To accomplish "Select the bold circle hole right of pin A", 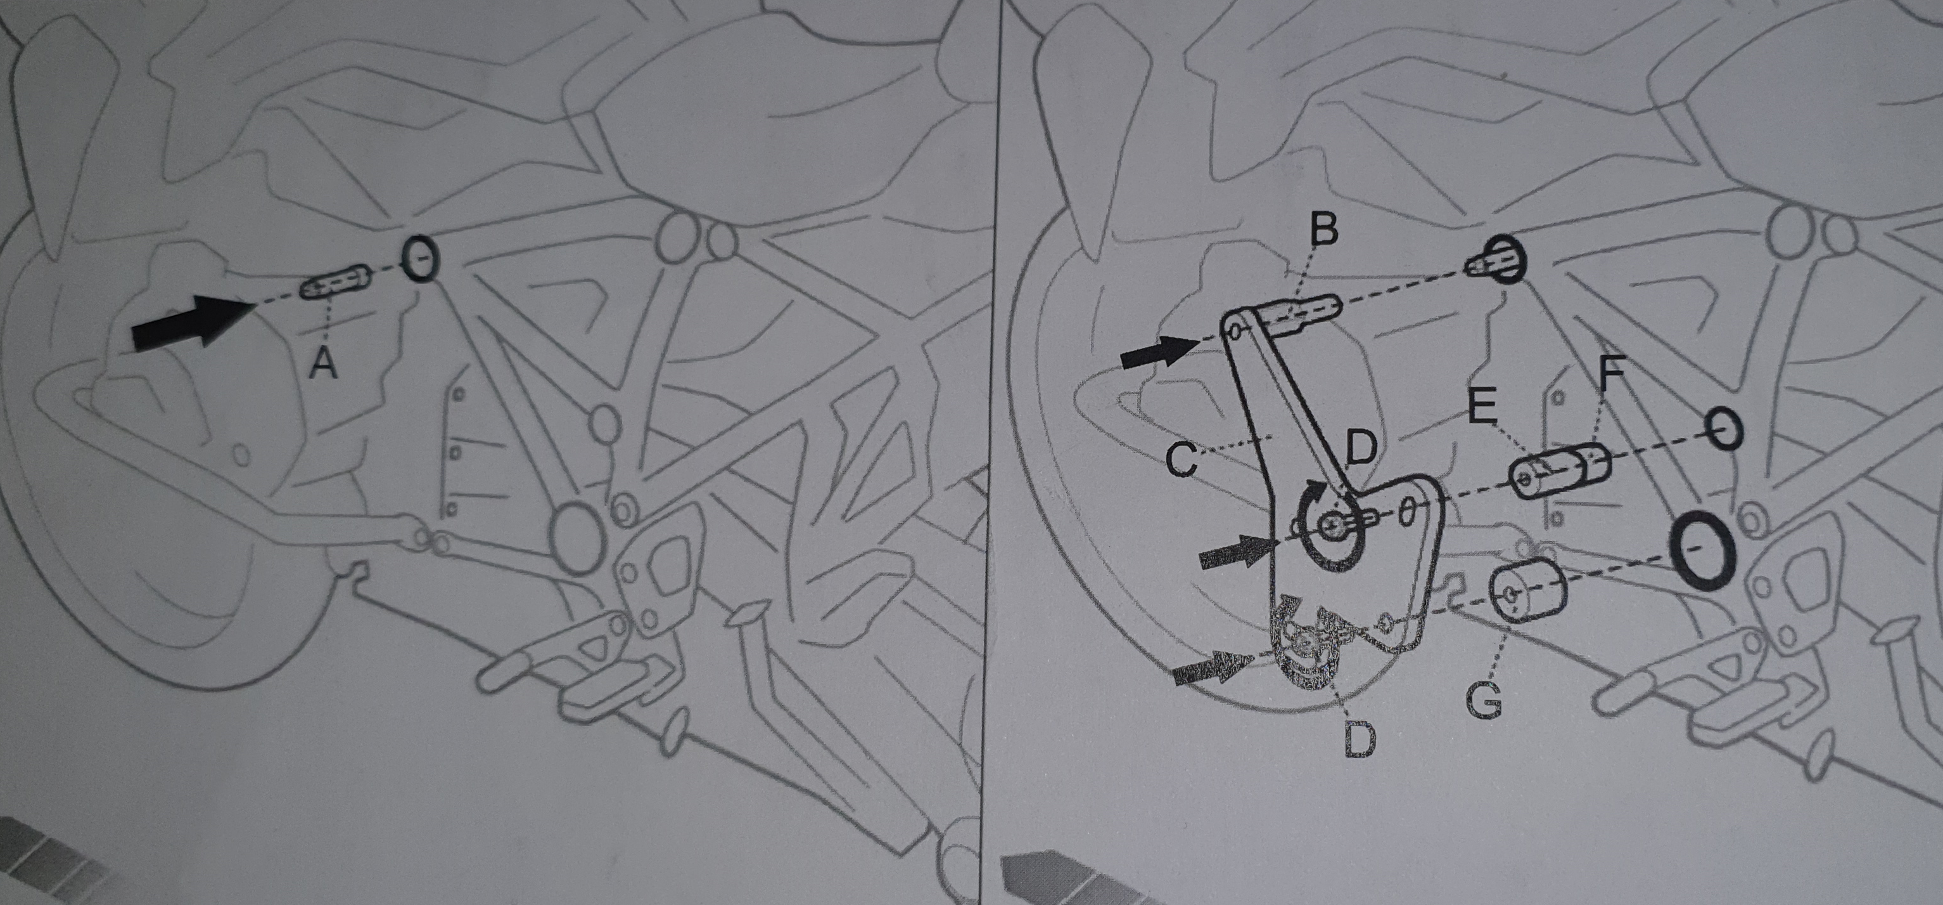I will pos(419,258).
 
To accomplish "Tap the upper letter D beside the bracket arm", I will pos(1361,449).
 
